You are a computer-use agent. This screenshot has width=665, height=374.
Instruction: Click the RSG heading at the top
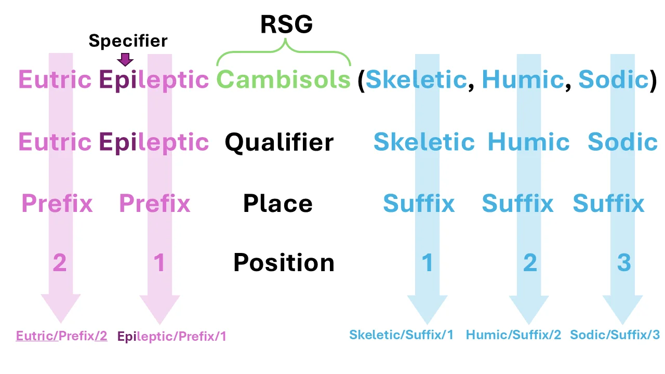point(286,24)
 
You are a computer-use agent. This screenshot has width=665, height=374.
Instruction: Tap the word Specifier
point(128,41)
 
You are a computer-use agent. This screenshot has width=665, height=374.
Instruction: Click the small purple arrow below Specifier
point(125,59)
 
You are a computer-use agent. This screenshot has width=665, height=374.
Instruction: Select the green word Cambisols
point(284,79)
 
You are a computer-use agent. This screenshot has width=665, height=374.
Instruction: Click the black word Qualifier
point(280,142)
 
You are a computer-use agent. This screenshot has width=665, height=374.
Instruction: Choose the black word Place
point(278,203)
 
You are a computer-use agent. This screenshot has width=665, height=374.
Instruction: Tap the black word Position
point(284,262)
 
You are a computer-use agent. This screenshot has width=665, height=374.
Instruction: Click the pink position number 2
point(60,262)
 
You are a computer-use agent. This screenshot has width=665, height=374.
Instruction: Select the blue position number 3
point(624,262)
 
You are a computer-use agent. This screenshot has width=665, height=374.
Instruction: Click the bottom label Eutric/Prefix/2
point(61,336)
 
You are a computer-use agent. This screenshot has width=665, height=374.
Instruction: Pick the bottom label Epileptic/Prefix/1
point(172,337)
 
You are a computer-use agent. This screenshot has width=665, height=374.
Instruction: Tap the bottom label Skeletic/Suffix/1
point(402,335)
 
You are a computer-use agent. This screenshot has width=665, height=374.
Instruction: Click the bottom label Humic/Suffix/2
point(514,335)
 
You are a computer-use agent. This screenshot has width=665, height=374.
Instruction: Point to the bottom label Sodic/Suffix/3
point(615,335)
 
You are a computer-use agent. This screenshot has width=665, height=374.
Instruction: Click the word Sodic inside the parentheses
point(614,79)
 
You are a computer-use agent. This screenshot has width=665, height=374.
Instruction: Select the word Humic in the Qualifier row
point(529,142)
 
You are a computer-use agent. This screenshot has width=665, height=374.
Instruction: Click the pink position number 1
point(159,262)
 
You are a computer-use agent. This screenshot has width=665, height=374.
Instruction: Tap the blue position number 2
point(530,262)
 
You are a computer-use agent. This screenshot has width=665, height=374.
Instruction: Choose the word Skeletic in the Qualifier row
point(424,142)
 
